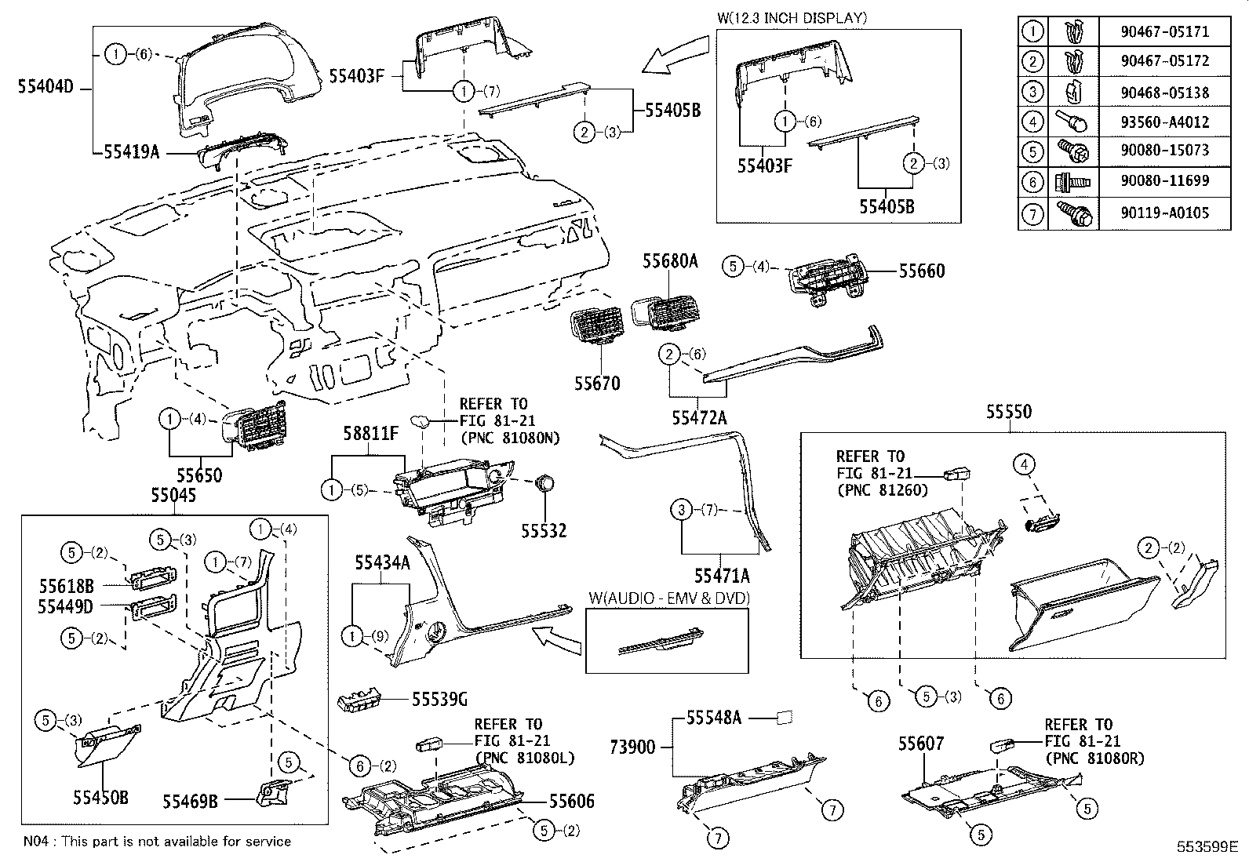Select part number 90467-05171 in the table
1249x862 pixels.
1164,32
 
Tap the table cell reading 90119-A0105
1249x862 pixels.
1164,213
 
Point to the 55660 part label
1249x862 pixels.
922,271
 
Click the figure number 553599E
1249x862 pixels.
1205,846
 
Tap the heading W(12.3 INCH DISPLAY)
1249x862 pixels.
792,17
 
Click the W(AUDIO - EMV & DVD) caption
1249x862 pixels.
668,598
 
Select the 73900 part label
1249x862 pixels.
632,747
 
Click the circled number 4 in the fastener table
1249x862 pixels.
1033,122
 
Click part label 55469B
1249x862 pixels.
190,801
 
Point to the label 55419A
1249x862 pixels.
131,152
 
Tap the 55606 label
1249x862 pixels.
571,801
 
